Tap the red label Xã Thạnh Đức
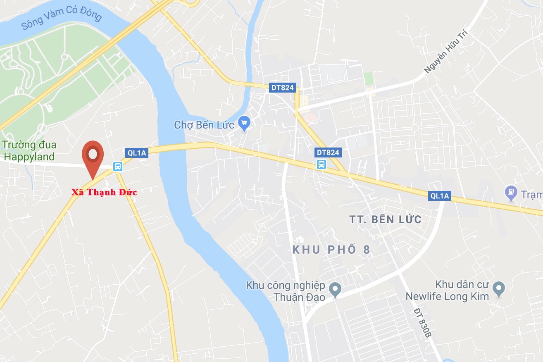click(x=104, y=192)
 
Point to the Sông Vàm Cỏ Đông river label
click(x=61, y=18)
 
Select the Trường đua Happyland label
click(x=29, y=151)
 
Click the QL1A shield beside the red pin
click(x=137, y=153)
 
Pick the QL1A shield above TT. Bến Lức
click(x=439, y=196)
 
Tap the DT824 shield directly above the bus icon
click(x=328, y=152)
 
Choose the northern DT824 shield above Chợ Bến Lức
click(x=282, y=87)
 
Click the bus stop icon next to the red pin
click(x=118, y=167)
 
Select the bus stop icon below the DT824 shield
click(x=321, y=164)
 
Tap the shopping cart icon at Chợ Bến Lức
click(x=244, y=123)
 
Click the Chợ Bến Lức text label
click(x=204, y=124)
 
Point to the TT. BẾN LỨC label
click(x=385, y=219)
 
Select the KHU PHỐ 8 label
click(x=331, y=250)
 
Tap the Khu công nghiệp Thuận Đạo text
click(x=285, y=291)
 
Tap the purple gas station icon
click(x=512, y=192)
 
